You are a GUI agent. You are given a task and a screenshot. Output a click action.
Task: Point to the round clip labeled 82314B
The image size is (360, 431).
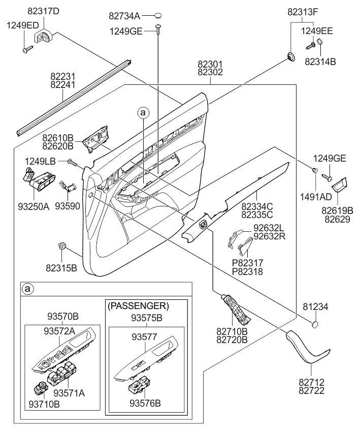tap(320, 43)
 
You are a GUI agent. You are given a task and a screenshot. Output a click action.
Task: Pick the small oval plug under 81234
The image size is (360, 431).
tap(315, 324)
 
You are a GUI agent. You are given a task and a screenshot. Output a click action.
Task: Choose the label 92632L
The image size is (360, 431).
tap(269, 228)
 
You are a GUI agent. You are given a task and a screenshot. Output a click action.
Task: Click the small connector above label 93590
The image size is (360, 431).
tap(67, 187)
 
